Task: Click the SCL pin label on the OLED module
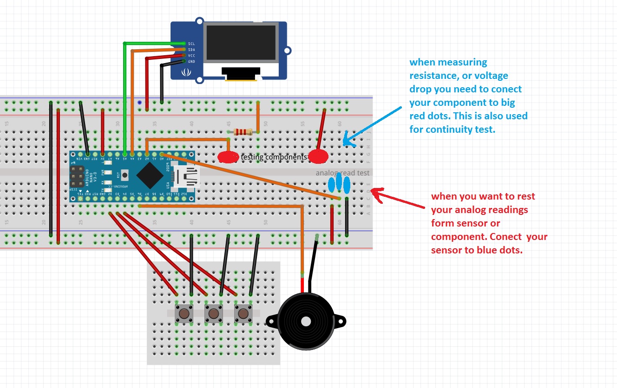[191, 43]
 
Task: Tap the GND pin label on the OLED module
[191, 61]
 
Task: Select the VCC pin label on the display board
[191, 55]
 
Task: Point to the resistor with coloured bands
[243, 132]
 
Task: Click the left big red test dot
[228, 157]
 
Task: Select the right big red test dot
[318, 157]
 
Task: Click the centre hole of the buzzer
[306, 321]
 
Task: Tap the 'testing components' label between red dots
[273, 157]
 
